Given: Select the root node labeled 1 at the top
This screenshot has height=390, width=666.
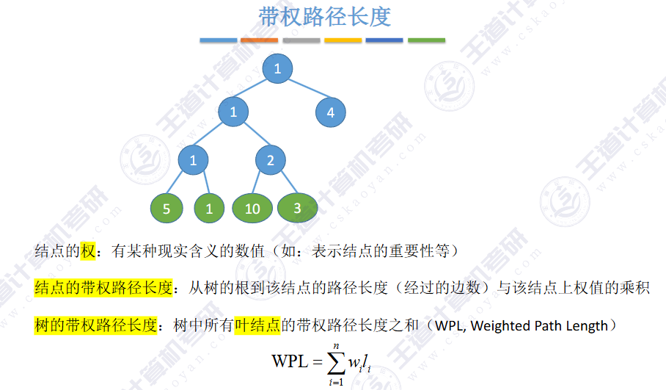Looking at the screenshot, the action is click(x=277, y=69).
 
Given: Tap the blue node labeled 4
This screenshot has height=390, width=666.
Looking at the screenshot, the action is click(x=331, y=112).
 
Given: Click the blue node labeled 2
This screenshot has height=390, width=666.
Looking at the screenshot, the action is click(x=271, y=160).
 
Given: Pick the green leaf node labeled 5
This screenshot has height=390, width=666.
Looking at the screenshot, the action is click(x=166, y=209).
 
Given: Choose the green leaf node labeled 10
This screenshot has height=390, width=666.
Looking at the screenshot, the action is click(x=252, y=209).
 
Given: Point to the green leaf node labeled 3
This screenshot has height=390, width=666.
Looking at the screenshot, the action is click(x=297, y=208).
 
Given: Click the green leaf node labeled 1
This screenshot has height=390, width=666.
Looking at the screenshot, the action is click(x=209, y=209).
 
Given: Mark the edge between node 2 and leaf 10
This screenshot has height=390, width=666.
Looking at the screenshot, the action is click(x=261, y=184).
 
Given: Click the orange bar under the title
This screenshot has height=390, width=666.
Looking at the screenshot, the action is click(x=260, y=40).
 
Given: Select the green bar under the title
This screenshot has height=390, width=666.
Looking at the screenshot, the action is click(x=426, y=40).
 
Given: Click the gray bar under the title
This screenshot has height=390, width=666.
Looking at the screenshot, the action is click(x=301, y=40).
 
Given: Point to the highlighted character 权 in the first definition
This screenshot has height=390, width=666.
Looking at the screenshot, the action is click(x=88, y=251).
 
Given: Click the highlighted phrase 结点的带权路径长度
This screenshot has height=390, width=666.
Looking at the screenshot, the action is click(x=103, y=288).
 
